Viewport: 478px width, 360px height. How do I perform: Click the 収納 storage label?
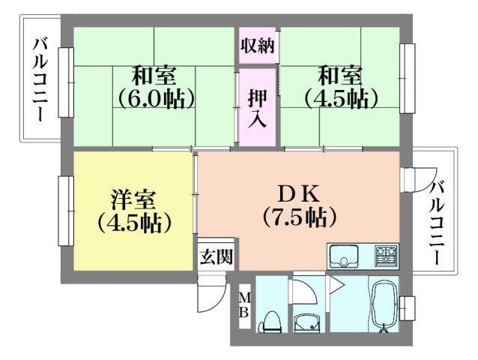(x=258, y=45)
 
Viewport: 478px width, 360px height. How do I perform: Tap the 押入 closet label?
(x=258, y=107)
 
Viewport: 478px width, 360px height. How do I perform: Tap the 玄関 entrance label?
(x=216, y=256)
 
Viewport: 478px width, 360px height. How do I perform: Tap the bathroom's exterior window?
(x=408, y=307)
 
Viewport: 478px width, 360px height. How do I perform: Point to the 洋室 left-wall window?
(x=66, y=210)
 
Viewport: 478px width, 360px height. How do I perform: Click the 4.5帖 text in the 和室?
(x=339, y=97)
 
